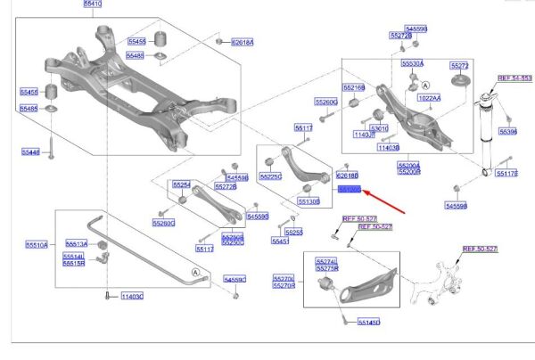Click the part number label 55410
(93, 4)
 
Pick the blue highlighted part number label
(349, 190)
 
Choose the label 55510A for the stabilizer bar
(37, 242)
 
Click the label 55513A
(76, 243)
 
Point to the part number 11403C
(130, 296)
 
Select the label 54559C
(235, 281)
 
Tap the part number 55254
(182, 184)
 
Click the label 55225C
(269, 176)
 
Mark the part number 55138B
(309, 202)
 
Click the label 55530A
(412, 64)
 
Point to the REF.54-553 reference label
(514, 78)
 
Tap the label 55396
(508, 131)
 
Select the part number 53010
(380, 128)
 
